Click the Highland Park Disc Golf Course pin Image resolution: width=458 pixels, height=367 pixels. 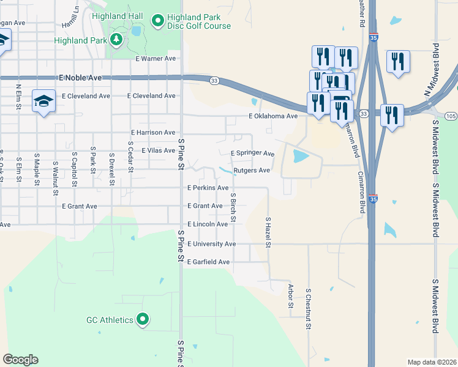(157, 21)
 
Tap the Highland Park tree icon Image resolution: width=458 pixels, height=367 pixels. (116, 40)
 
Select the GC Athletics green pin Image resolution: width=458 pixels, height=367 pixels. (143, 319)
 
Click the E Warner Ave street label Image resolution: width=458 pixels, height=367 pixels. (156, 59)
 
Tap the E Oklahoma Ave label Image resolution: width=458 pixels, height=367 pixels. (272, 116)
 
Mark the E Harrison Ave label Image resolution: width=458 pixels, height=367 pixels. (153, 132)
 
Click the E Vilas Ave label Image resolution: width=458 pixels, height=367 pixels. (158, 150)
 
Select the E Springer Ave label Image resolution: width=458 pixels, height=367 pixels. (252, 153)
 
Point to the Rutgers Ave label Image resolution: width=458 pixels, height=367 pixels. (251, 171)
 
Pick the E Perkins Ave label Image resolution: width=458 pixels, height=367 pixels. (208, 188)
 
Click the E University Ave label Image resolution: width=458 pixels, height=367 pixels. (211, 244)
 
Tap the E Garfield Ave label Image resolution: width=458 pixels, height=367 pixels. (208, 262)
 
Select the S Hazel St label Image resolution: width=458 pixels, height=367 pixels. (268, 232)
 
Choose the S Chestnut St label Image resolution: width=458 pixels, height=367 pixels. (309, 310)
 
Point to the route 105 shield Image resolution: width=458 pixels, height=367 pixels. (451, 116)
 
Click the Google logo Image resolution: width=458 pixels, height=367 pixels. (21, 360)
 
